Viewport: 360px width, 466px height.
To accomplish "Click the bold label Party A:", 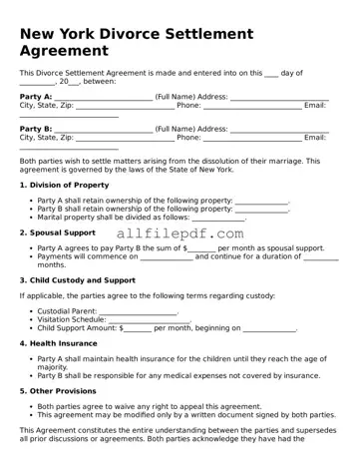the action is (36, 97).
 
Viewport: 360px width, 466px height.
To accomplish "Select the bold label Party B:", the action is (36, 129).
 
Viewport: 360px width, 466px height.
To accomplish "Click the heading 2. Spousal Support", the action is (58, 233).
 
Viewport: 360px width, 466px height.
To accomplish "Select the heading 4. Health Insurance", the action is (59, 342).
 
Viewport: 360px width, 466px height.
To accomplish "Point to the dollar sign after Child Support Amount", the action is (121, 327).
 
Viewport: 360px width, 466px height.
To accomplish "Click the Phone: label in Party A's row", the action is (188, 105).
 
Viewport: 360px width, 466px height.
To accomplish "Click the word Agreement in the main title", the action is (65, 50).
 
